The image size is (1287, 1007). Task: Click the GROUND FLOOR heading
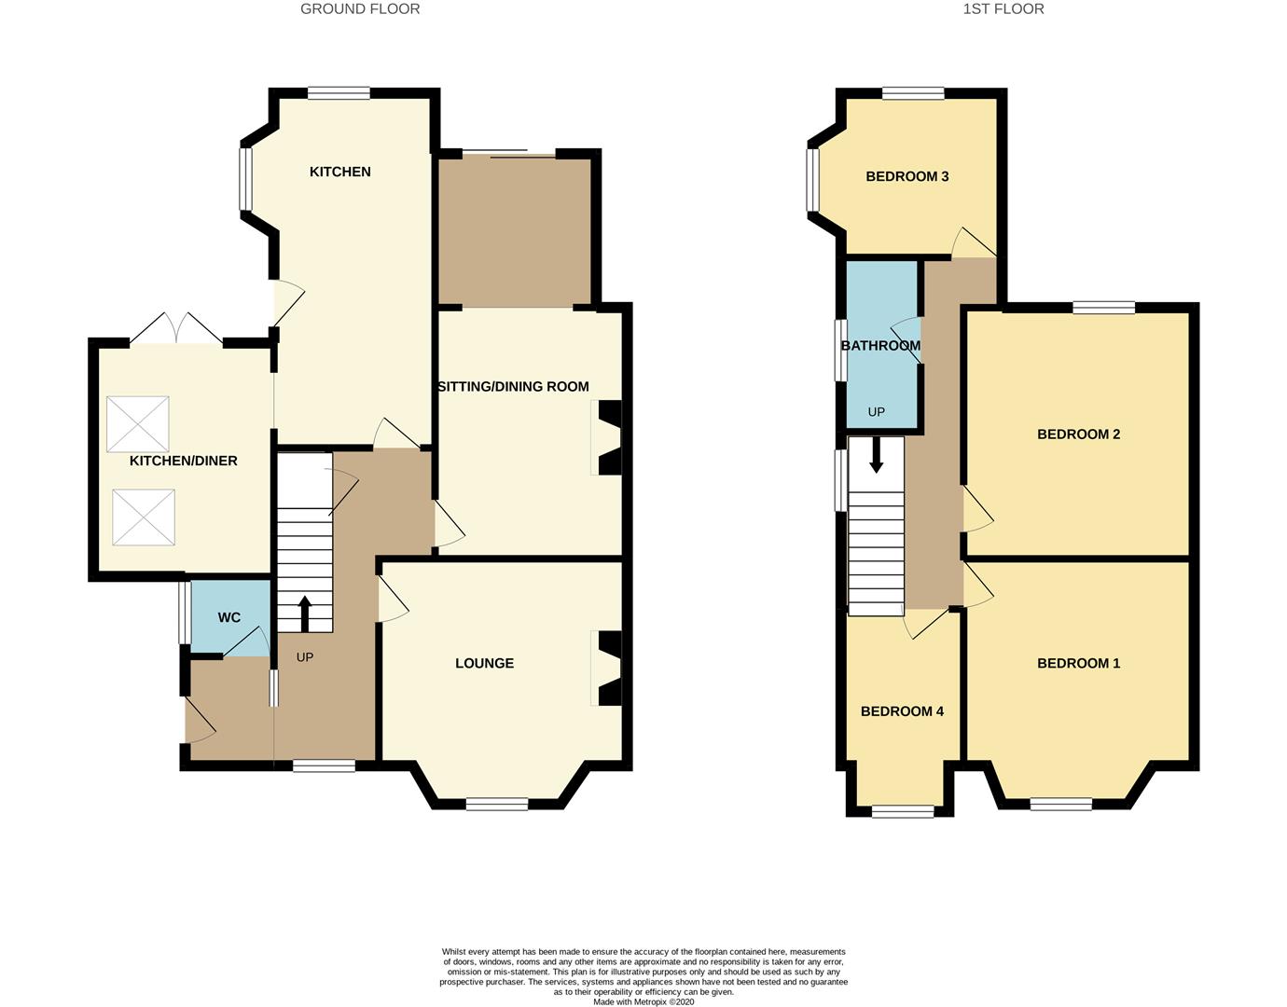click(360, 9)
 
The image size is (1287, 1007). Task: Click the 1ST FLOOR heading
click(1003, 9)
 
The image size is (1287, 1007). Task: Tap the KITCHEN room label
click(340, 172)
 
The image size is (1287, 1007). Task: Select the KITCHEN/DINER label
click(184, 461)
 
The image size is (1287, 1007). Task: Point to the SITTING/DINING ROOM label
click(514, 386)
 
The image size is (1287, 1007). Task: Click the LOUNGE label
click(484, 663)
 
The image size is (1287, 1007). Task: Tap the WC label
click(229, 617)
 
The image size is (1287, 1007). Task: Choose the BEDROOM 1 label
click(1078, 663)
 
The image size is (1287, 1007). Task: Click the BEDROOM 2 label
click(1078, 434)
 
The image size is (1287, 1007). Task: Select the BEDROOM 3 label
click(907, 176)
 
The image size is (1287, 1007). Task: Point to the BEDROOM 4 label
click(902, 711)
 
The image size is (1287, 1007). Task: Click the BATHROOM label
click(880, 346)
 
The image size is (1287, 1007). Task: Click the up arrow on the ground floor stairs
click(304, 614)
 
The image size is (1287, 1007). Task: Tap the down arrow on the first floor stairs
click(876, 454)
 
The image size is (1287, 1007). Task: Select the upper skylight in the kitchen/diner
click(138, 424)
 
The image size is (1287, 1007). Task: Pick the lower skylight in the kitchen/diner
click(144, 517)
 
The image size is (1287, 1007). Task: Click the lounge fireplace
click(608, 669)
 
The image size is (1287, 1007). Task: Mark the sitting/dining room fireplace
click(608, 437)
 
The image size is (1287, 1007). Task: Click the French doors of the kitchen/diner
click(176, 329)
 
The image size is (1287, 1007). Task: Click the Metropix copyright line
click(643, 1002)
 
